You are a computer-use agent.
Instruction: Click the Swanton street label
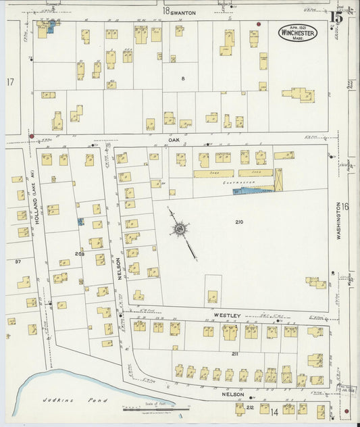coord(183,11)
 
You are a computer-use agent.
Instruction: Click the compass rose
coord(180,230)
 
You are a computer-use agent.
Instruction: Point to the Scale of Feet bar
coord(149,408)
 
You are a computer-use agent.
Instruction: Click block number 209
coord(80,254)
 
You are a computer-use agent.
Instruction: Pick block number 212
coord(249,407)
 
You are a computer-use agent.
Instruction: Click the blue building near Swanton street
coord(51,27)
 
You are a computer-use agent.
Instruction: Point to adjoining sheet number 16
coord(344,207)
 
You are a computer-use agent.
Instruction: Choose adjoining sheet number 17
coord(10,82)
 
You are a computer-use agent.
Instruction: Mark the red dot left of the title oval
coord(258,24)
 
